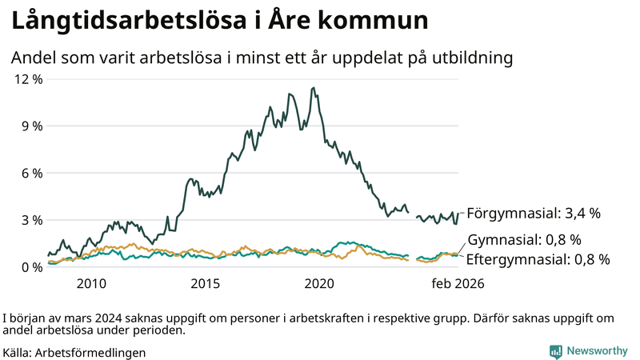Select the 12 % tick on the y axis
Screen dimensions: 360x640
(x=26, y=79)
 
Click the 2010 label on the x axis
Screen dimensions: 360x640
(x=91, y=284)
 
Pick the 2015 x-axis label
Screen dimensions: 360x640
(x=206, y=284)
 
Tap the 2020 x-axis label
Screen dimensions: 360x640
(x=320, y=284)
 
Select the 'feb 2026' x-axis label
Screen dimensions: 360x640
(x=458, y=284)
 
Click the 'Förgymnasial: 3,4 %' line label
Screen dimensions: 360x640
(x=533, y=214)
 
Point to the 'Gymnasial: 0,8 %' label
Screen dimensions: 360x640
(x=524, y=240)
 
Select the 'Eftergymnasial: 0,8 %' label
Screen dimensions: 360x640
(x=538, y=259)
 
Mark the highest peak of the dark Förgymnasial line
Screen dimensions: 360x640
(x=313, y=88)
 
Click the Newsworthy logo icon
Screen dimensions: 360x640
(x=555, y=351)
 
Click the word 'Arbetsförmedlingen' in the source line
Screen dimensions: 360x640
(x=90, y=352)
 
